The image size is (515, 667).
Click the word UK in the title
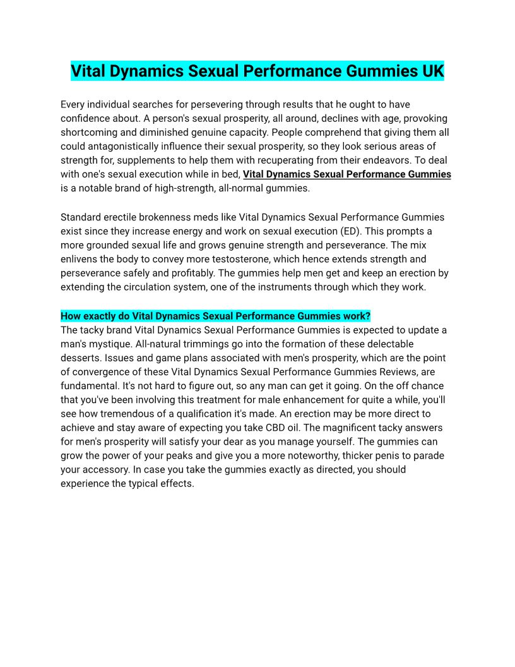pos(431,71)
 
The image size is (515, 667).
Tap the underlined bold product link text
pos(346,174)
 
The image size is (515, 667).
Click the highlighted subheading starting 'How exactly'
pos(215,316)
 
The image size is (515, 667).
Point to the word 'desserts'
pos(81,358)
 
